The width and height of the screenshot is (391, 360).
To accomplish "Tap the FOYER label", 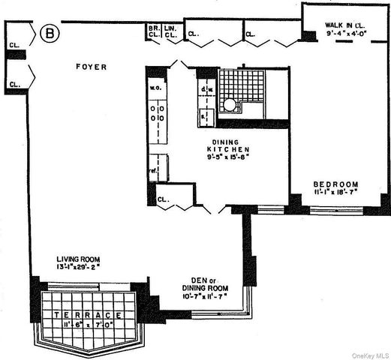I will pos(91,67).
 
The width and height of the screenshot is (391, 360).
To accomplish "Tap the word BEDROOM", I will pos(335,184).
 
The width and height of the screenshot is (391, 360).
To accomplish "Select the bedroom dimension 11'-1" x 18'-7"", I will pos(335,193).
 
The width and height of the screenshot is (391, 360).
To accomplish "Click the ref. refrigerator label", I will pos(152,169).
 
